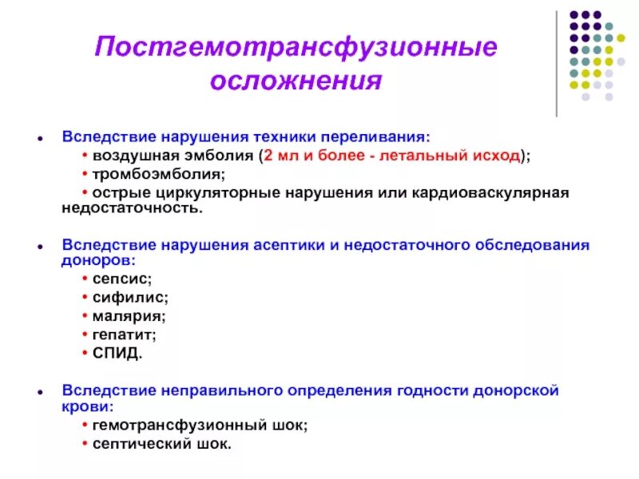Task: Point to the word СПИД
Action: [117, 352]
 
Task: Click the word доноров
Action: [97, 259]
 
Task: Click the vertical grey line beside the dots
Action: [556, 64]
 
